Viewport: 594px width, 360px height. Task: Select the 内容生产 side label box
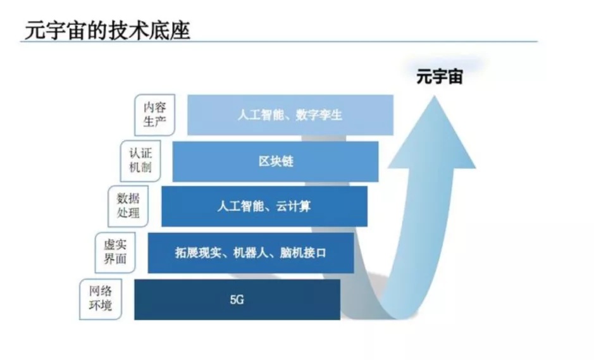(154, 114)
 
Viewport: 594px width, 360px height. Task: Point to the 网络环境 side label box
(101, 299)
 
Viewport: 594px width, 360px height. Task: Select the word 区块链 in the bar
(275, 161)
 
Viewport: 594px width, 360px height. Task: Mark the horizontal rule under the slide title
(278, 42)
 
